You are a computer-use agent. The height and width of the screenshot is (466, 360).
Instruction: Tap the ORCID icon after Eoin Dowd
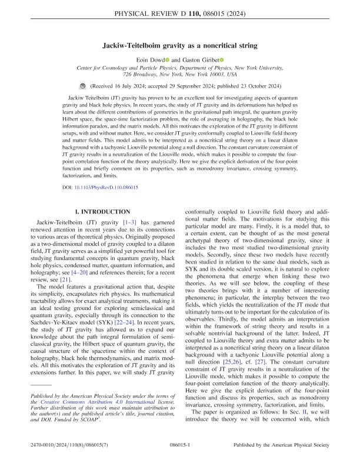point(166,59)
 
